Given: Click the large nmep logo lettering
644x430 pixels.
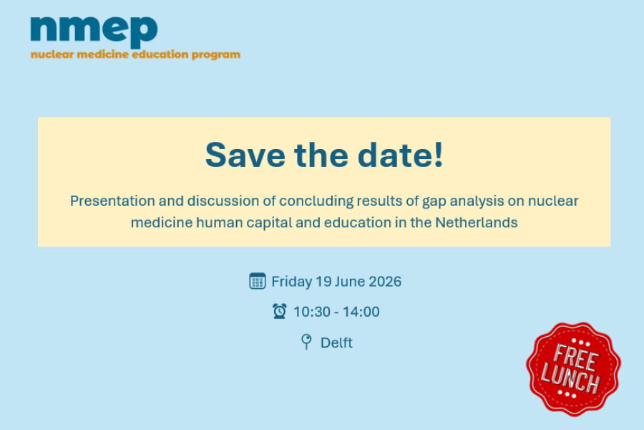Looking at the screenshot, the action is pos(94,32).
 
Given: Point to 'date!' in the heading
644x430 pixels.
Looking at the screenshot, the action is pos(401,155).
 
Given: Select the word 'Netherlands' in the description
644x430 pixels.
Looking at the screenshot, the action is pos(477,223).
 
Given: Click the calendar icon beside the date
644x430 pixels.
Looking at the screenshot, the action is pos(258,281).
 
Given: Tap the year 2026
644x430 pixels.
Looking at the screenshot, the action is pos(385,282).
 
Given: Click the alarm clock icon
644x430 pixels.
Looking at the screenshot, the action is pos(280,311).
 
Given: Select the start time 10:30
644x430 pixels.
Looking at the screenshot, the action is pos(312,312).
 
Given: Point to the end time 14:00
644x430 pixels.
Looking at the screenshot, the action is pos(361,312).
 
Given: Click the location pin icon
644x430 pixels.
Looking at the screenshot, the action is pos(306,342).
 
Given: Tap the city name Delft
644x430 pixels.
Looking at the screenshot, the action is pos(336,343).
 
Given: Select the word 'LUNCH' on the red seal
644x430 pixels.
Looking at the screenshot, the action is pos(570,378).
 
